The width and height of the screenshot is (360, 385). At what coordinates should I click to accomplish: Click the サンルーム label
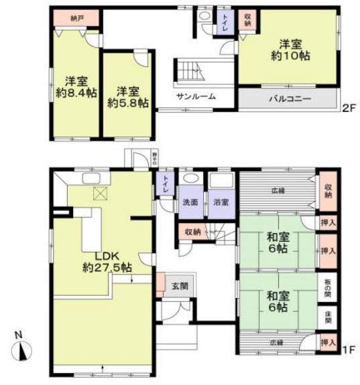(196, 96)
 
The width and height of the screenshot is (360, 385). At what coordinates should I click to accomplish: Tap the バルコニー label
(290, 98)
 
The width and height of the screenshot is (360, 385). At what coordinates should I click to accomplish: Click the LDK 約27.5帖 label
(107, 261)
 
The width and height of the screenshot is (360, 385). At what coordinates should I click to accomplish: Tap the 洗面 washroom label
(190, 202)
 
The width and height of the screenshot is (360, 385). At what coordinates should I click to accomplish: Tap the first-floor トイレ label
(163, 185)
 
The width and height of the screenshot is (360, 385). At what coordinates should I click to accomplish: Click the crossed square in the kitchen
(101, 194)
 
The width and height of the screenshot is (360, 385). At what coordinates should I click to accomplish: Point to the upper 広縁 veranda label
(278, 189)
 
